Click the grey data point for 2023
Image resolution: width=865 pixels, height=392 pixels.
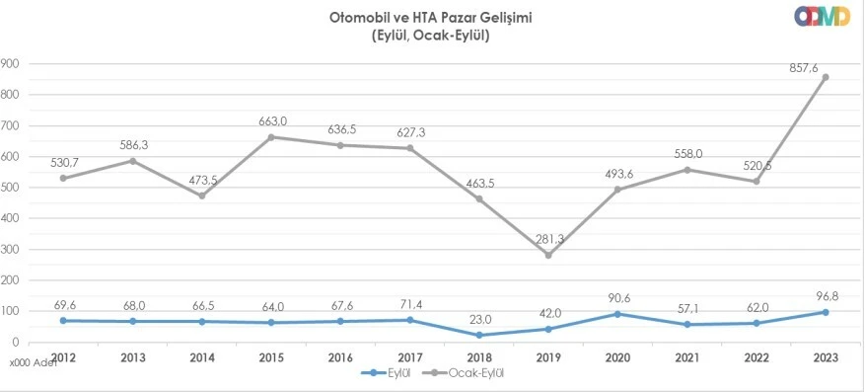coord(825,77)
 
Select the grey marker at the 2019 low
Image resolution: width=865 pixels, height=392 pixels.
coord(547,255)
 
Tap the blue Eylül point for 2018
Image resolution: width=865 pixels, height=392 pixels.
coord(478,335)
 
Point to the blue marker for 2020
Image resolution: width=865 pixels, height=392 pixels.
coord(617,314)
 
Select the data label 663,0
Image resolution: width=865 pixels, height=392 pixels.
coord(272,121)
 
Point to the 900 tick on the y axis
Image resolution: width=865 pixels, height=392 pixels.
coord(11,64)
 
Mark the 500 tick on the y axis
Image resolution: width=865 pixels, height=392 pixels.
coord(11,188)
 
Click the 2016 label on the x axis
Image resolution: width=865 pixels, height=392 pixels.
coord(340,356)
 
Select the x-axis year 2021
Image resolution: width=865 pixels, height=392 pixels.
coord(686,356)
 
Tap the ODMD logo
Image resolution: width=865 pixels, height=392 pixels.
coord(822,18)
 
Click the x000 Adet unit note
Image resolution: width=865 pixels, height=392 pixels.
coord(32,362)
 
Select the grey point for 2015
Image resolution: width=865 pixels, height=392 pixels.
coord(271,137)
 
